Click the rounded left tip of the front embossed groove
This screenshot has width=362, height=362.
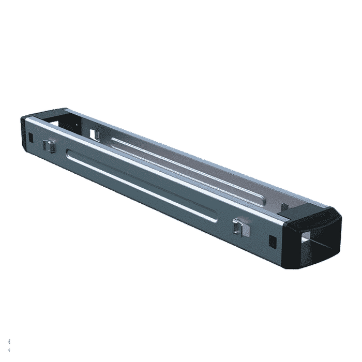pyautogui.click(x=69, y=152)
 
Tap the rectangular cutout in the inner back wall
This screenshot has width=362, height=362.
pyautogui.click(x=93, y=134)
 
